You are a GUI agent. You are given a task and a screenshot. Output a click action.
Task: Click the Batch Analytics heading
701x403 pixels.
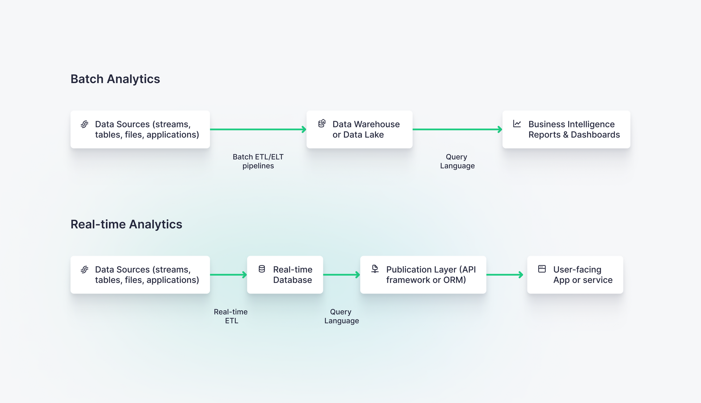(x=115, y=79)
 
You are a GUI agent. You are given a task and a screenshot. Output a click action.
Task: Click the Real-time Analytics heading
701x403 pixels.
(x=126, y=224)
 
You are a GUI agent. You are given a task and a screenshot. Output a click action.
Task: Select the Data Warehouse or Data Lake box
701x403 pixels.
(x=359, y=130)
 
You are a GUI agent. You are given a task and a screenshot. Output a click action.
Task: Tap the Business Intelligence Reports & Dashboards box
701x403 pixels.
(x=566, y=130)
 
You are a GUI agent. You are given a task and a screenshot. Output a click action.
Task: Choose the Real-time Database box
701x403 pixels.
(x=285, y=275)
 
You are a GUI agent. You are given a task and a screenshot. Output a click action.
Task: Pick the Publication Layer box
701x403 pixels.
(x=423, y=275)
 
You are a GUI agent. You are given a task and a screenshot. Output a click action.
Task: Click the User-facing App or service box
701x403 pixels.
(x=575, y=275)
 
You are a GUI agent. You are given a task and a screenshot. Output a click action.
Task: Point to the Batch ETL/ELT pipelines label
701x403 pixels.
(x=258, y=161)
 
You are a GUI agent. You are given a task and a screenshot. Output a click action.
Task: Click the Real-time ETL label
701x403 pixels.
(x=231, y=316)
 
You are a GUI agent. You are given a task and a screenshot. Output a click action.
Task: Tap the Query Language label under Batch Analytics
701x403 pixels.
(x=457, y=161)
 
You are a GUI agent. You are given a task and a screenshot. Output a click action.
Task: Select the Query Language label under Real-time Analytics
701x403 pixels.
(x=341, y=316)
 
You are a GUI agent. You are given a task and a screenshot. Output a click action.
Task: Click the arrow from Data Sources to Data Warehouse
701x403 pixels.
(x=258, y=130)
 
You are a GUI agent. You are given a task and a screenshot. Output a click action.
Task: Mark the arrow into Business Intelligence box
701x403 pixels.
(x=457, y=130)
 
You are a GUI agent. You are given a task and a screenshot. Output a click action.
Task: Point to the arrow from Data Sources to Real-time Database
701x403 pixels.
(x=228, y=275)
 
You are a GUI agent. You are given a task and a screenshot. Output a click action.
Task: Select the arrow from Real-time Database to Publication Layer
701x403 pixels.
(x=341, y=275)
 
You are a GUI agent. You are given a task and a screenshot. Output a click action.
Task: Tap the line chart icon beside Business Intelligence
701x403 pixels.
(x=517, y=124)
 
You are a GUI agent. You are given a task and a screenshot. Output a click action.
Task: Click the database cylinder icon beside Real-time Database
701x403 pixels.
(x=262, y=269)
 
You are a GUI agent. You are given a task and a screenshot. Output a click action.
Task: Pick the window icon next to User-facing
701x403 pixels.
(x=542, y=269)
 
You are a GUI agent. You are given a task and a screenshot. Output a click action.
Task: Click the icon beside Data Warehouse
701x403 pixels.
(x=322, y=123)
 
